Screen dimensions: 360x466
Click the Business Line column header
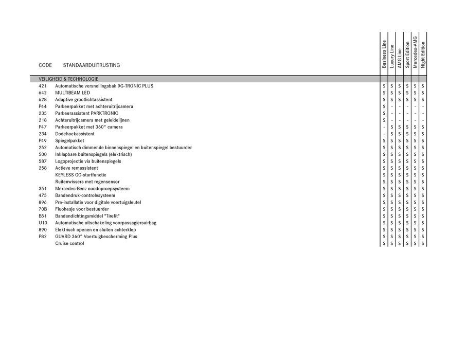pyautogui.click(x=384, y=55)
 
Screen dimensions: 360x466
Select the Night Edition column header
pyautogui.click(x=423, y=55)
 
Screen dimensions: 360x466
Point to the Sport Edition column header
pyautogui.click(x=407, y=55)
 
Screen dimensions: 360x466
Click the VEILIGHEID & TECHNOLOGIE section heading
pyautogui.click(x=68, y=79)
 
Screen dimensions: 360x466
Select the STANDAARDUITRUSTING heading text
pyautogui.click(x=92, y=65)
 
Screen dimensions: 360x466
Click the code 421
pyautogui.click(x=43, y=86)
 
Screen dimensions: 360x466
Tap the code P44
pyautogui.click(x=43, y=106)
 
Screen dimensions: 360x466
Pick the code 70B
pyautogui.click(x=43, y=209)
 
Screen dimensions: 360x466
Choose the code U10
pyautogui.click(x=43, y=223)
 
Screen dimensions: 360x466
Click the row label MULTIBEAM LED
pyautogui.click(x=73, y=93)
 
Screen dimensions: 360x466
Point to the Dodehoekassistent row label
pyautogui.click(x=75, y=134)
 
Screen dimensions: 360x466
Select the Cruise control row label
pyautogui.click(x=69, y=243)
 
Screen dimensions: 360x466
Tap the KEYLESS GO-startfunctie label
pyautogui.click(x=81, y=175)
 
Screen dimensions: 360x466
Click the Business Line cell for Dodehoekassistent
pyautogui.click(x=384, y=134)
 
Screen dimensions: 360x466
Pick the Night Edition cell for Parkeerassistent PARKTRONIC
pyautogui.click(x=423, y=113)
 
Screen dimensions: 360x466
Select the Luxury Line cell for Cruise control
pyautogui.click(x=391, y=243)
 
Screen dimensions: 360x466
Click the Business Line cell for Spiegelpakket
pyautogui.click(x=384, y=140)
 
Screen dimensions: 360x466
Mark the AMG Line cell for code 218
pyautogui.click(x=399, y=120)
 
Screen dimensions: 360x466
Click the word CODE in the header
pyautogui.click(x=45, y=65)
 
